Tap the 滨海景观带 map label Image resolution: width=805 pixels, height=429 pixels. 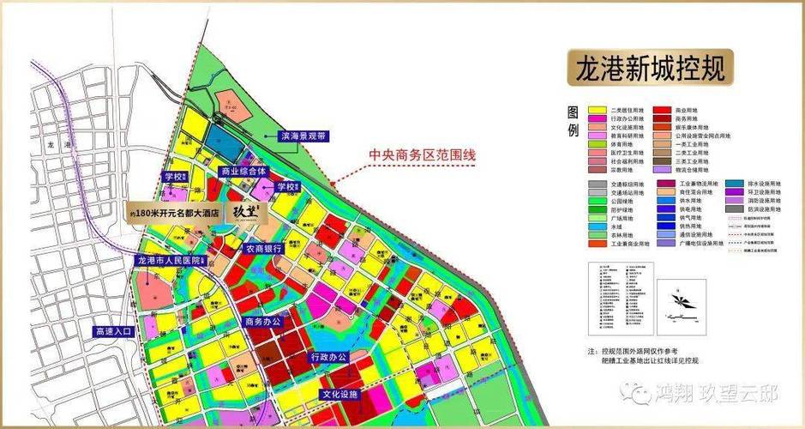(303, 136)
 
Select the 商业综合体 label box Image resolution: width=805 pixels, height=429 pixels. (243, 172)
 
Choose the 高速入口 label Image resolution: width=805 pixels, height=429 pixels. (113, 330)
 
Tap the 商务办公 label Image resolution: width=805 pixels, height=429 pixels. (262, 322)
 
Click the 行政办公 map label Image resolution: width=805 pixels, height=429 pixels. (327, 356)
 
